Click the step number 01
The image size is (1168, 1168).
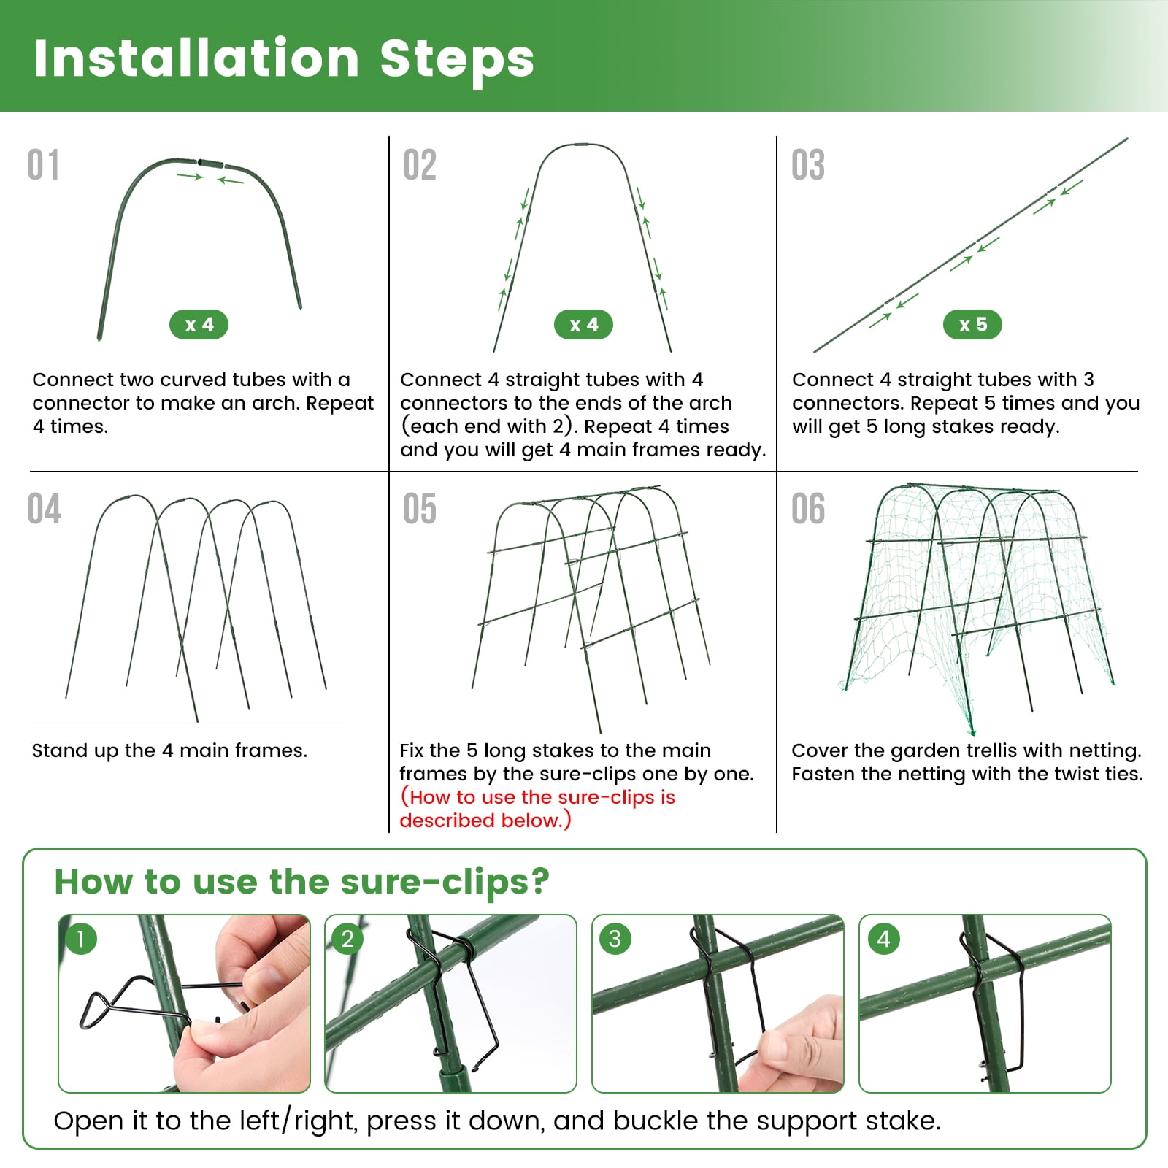click(43, 165)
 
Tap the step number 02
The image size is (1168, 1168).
click(420, 165)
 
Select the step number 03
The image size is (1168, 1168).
click(808, 165)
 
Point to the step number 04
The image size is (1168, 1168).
click(44, 509)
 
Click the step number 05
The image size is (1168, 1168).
click(420, 509)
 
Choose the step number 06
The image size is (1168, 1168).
click(808, 509)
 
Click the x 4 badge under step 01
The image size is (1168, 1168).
click(199, 325)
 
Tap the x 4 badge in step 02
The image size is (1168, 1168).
click(583, 325)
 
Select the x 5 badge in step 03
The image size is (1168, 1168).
click(972, 325)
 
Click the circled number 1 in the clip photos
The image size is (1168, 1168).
click(81, 939)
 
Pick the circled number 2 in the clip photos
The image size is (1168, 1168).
click(347, 939)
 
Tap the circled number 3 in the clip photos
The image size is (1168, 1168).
click(615, 939)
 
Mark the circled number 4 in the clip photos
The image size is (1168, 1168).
click(883, 939)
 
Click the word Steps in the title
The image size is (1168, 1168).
click(457, 58)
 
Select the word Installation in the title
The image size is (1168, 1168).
click(196, 58)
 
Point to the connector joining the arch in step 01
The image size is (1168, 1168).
click(211, 162)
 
